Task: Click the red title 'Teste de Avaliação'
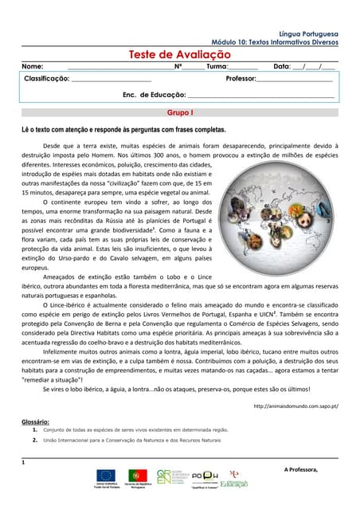(x=179, y=54)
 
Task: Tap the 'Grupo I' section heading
(x=179, y=113)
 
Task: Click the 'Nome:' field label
(x=33, y=67)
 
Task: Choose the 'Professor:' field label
(x=241, y=80)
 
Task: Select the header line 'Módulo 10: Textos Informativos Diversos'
(x=275, y=42)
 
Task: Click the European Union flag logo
(x=106, y=476)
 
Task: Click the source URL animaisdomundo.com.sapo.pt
(x=295, y=406)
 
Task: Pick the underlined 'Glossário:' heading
(x=35, y=421)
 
